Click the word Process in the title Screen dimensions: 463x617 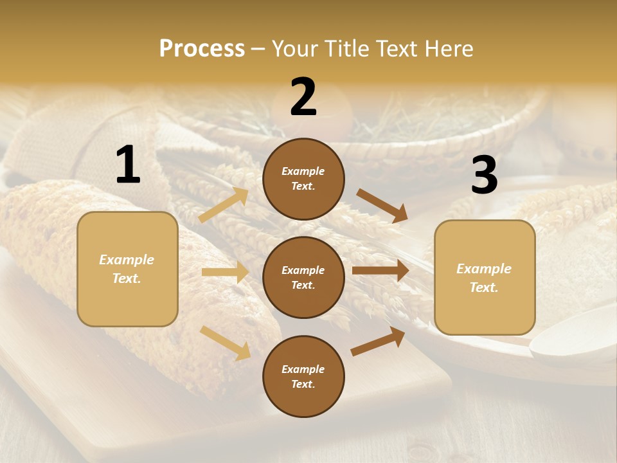202,49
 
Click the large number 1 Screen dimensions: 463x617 128,165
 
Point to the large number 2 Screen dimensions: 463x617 303,98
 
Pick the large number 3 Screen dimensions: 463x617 484,176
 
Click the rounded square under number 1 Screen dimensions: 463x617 127,269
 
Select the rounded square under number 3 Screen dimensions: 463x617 485,278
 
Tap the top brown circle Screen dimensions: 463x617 303,179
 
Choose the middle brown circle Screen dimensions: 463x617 303,277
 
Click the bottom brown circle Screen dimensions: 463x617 303,376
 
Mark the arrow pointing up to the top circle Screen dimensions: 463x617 224,205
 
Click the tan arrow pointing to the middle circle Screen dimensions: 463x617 225,273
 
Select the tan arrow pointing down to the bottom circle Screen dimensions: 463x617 225,343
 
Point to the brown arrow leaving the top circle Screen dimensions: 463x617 382,206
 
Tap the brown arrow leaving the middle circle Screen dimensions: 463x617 380,270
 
